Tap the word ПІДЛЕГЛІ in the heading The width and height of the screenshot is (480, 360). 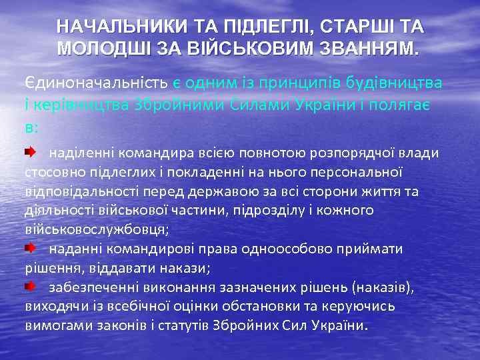tap(253, 27)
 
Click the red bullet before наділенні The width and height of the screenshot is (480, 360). tap(31, 152)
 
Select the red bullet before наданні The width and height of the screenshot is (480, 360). tap(31, 248)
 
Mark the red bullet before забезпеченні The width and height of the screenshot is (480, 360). tap(31, 286)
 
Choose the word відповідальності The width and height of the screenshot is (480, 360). tap(83, 192)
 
